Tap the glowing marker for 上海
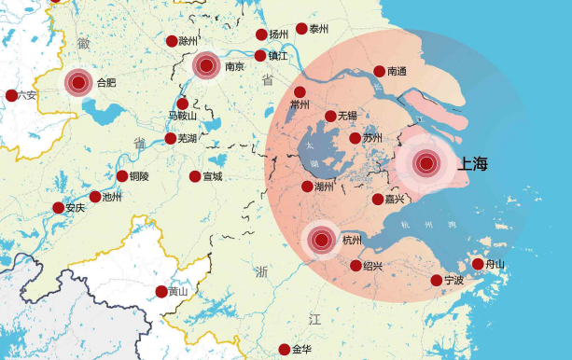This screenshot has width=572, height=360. (427, 164)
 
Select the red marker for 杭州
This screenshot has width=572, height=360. (322, 240)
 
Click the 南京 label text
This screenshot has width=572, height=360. (235, 67)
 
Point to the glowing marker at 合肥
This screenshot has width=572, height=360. (79, 83)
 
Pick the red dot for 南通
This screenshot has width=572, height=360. (379, 71)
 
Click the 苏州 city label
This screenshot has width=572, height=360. (373, 139)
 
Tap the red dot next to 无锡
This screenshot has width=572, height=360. (330, 117)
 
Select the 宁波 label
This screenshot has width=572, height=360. (454, 281)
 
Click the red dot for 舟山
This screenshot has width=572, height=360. (478, 264)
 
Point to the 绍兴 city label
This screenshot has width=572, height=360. (373, 267)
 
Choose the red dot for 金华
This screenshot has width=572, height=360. (284, 350)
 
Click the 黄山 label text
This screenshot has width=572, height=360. (178, 292)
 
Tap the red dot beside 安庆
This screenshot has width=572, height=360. (58, 208)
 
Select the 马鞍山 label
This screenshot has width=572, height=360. (183, 117)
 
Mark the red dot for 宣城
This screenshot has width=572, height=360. (194, 176)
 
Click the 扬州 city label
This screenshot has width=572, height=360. (279, 35)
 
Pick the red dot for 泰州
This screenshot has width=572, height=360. (301, 29)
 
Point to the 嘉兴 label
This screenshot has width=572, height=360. (395, 200)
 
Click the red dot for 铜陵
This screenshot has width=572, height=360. (121, 176)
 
